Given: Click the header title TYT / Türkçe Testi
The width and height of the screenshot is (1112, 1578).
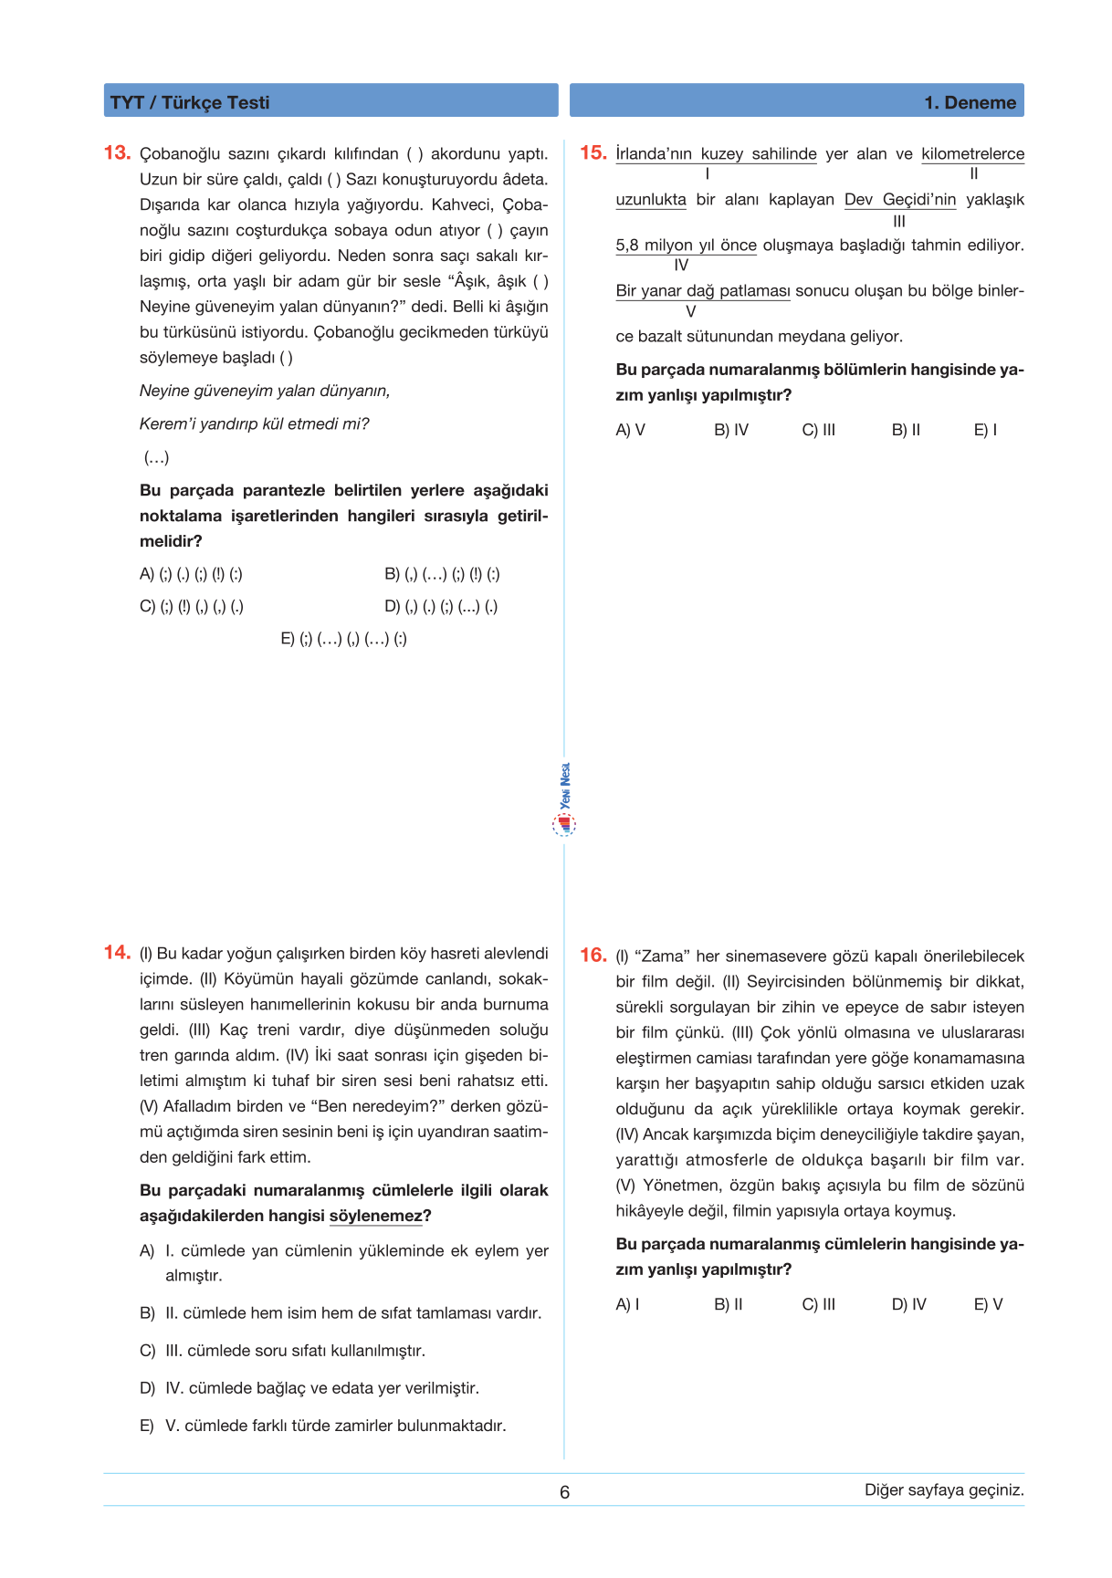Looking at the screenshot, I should (x=190, y=102).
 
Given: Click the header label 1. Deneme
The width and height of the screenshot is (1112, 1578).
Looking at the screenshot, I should (x=970, y=102).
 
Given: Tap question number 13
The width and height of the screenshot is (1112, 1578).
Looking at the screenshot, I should (x=117, y=152).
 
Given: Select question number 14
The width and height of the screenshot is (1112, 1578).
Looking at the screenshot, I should (x=117, y=953).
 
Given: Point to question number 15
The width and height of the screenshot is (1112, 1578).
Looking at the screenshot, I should (x=593, y=152).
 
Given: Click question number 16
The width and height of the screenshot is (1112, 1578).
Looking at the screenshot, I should (x=593, y=956).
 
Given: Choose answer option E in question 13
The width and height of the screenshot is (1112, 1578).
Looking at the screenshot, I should (x=343, y=639).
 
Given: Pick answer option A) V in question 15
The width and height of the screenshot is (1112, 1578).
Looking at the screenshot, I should (x=630, y=430).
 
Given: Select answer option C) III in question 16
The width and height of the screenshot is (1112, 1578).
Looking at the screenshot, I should (x=818, y=1304).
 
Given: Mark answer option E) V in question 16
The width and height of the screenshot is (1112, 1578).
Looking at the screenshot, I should (x=988, y=1304).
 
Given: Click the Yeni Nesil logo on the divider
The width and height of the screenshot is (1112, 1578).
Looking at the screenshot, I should (x=565, y=799).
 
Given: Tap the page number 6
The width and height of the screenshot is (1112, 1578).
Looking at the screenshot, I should (x=564, y=1492).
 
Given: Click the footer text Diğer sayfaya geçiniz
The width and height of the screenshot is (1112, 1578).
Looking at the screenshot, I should (x=944, y=1489).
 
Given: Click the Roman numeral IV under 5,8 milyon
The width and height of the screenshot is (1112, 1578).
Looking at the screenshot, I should (x=681, y=266).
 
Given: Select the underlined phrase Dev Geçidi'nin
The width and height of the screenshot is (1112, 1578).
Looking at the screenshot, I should (x=899, y=199).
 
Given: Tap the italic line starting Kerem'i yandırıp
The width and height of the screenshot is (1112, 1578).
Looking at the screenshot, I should (x=254, y=423).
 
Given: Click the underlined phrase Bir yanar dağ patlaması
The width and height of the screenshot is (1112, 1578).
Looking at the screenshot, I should (x=702, y=290).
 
